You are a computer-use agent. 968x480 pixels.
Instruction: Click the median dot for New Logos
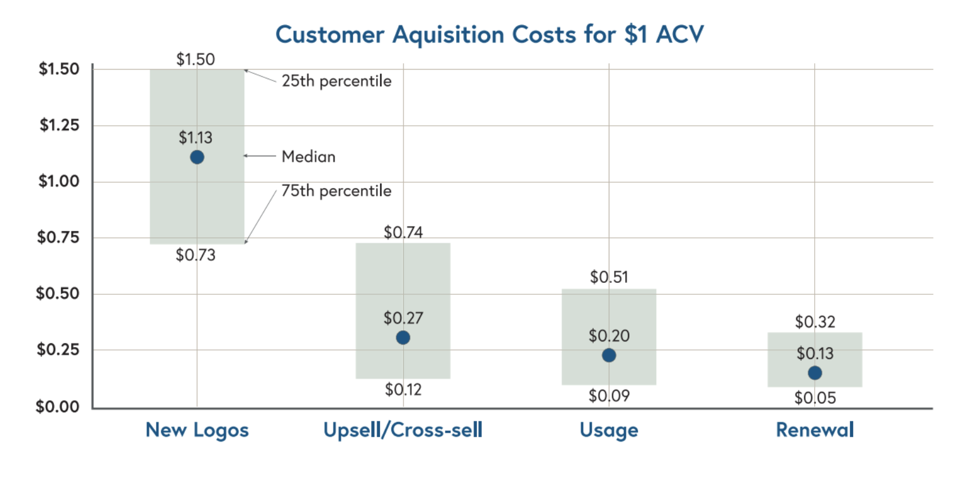197,157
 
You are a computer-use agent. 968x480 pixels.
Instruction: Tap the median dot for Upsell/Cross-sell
403,337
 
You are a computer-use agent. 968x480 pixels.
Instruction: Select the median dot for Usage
609,355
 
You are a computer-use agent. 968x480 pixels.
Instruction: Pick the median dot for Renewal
815,373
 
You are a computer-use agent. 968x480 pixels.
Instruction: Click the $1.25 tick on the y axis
59,125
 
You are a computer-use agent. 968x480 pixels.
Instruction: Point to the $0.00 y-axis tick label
57,407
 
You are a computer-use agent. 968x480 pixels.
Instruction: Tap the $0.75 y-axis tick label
58,237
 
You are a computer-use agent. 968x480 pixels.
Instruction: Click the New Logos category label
197,430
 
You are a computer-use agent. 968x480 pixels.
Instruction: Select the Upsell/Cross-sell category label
403,430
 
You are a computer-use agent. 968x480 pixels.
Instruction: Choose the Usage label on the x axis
609,430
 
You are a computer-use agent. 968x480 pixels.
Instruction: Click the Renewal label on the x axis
815,430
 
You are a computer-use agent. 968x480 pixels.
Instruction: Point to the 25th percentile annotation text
336,81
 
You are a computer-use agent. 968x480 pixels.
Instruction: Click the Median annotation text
308,157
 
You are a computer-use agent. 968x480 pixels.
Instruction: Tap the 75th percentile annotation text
336,191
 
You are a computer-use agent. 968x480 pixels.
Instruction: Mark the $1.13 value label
195,138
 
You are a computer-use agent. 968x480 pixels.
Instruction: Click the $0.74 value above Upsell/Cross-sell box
403,233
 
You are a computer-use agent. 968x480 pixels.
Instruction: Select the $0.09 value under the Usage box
609,396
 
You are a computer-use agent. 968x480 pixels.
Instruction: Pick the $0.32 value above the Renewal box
815,322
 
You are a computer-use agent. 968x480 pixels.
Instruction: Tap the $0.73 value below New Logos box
195,255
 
